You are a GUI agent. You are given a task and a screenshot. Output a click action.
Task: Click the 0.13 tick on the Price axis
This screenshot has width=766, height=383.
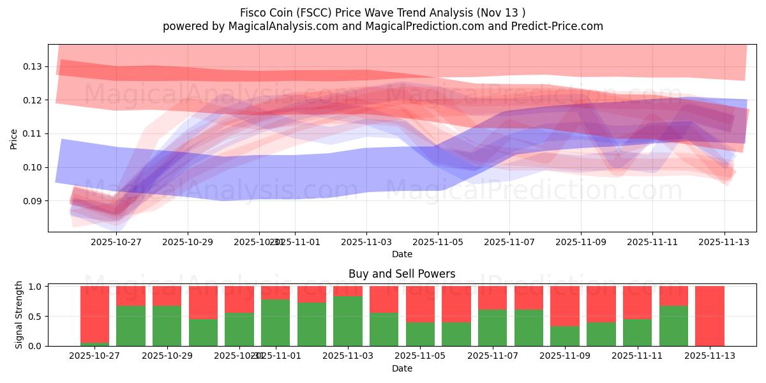(x=33, y=66)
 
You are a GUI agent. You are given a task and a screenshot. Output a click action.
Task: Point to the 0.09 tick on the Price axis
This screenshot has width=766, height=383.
(x=33, y=200)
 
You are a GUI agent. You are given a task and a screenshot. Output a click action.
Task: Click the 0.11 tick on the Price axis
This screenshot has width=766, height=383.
(x=33, y=133)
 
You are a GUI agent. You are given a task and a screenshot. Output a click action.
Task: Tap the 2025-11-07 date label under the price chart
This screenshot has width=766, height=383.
(x=509, y=243)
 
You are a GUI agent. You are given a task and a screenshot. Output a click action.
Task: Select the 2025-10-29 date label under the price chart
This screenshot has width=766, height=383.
(x=188, y=243)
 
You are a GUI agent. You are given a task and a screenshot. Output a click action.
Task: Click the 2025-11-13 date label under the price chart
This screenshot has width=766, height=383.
(x=724, y=243)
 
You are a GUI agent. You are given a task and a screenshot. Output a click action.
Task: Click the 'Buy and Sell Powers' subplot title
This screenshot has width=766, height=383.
(x=402, y=274)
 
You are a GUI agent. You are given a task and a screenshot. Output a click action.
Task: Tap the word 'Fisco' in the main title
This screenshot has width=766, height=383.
(x=253, y=13)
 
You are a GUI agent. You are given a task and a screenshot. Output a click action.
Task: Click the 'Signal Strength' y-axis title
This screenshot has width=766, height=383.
(x=19, y=315)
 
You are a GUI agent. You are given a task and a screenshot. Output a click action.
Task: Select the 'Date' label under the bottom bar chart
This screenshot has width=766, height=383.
(x=402, y=368)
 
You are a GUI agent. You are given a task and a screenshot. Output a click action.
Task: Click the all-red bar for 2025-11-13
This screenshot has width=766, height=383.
(x=709, y=316)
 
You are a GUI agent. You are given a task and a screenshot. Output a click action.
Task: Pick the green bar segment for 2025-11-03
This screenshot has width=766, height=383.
(x=348, y=321)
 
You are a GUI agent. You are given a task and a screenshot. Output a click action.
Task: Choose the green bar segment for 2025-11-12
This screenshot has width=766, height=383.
(x=673, y=326)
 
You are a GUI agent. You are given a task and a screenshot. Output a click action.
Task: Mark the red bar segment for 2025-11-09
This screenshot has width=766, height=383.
(x=565, y=306)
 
